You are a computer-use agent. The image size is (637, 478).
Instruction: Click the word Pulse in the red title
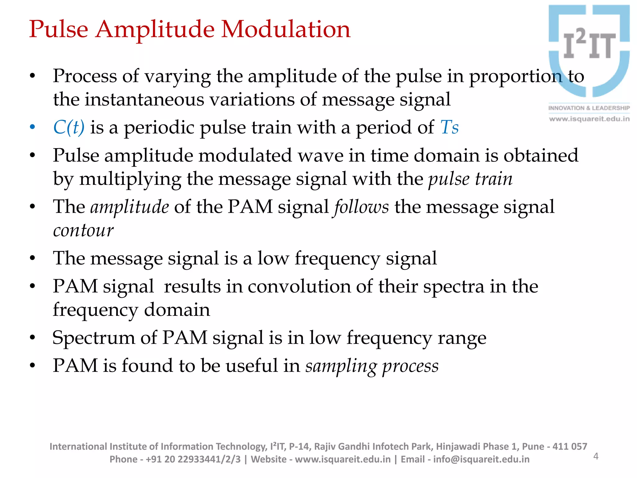[59, 29]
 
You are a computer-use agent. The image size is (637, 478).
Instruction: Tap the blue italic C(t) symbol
[69, 127]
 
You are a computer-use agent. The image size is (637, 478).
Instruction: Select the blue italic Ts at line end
[449, 127]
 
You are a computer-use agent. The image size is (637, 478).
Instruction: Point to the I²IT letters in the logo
[590, 44]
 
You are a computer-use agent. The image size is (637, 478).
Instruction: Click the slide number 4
[596, 456]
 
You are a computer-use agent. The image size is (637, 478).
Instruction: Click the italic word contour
[83, 230]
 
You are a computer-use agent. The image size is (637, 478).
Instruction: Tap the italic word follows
[361, 207]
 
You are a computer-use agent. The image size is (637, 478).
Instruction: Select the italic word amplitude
[130, 207]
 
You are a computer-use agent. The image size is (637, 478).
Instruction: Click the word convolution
[299, 286]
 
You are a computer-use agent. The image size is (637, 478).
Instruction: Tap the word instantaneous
[144, 100]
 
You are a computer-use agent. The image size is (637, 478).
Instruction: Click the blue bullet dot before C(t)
[32, 127]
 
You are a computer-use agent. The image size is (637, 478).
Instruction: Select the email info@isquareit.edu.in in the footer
[481, 459]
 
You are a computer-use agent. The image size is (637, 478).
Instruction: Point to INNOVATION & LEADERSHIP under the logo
[589, 108]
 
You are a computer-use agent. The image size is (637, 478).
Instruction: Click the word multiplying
[130, 179]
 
